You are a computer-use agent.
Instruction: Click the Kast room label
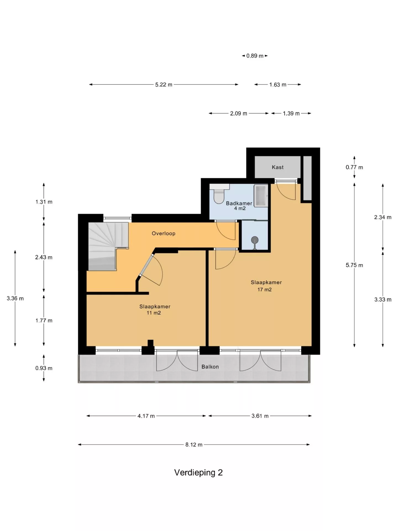(277, 167)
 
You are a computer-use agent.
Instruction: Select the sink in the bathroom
(261, 196)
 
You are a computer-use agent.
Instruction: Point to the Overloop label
(163, 233)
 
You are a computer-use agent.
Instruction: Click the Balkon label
(210, 367)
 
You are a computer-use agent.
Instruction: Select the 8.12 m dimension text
(194, 445)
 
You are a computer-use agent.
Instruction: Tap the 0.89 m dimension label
(255, 56)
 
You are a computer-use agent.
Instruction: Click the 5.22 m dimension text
(164, 85)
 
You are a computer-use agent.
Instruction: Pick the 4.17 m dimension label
(146, 416)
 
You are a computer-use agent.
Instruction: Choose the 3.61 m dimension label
(260, 416)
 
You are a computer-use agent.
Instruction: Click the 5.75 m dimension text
(354, 265)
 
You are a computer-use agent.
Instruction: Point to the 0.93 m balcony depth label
(44, 368)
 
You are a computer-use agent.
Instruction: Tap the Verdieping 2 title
(198, 472)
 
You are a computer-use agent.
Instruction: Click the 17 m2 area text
(265, 290)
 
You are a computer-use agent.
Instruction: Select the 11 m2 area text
(154, 313)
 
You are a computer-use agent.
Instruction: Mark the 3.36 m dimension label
(15, 298)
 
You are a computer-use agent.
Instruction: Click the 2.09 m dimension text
(239, 113)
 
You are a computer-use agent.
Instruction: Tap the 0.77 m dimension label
(354, 167)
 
